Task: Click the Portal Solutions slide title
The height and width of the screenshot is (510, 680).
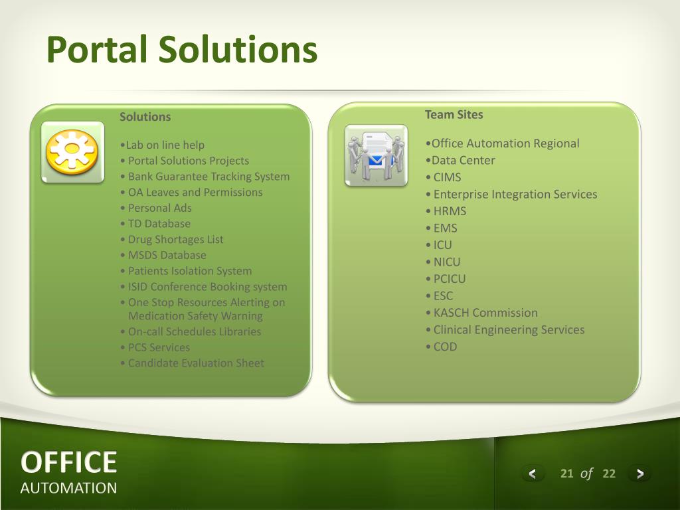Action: (182, 50)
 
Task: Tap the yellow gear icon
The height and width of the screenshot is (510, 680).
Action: (72, 152)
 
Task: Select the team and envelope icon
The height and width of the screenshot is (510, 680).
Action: (376, 155)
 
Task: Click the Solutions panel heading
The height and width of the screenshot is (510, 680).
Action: (145, 117)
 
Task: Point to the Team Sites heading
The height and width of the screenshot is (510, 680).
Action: (454, 114)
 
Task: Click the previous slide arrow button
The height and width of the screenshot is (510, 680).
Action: (532, 473)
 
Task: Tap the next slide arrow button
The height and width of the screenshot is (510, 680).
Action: (639, 473)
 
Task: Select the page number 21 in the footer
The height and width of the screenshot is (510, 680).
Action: (566, 473)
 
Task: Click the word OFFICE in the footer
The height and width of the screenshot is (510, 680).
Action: (68, 462)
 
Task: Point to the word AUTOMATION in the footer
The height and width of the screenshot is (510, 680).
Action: (68, 488)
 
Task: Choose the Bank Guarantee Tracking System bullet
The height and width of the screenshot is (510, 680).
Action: (205, 177)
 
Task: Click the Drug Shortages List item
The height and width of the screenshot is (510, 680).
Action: (172, 239)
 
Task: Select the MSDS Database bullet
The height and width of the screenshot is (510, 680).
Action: (163, 255)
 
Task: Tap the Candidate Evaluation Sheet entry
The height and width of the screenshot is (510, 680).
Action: (192, 363)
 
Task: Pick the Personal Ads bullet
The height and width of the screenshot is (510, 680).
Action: (155, 208)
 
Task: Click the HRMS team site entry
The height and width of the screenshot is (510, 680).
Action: (446, 211)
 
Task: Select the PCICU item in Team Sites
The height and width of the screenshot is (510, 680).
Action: (446, 279)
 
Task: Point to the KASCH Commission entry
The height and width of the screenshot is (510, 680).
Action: (481, 313)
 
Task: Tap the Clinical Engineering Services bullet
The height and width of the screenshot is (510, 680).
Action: (505, 329)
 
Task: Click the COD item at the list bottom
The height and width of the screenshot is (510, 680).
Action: (441, 347)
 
